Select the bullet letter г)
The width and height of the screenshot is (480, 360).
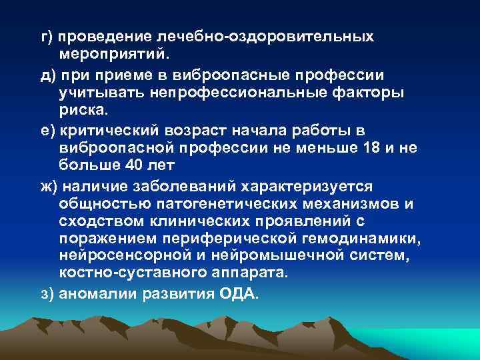[49, 36]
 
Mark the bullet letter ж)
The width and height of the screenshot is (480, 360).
[51, 186]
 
